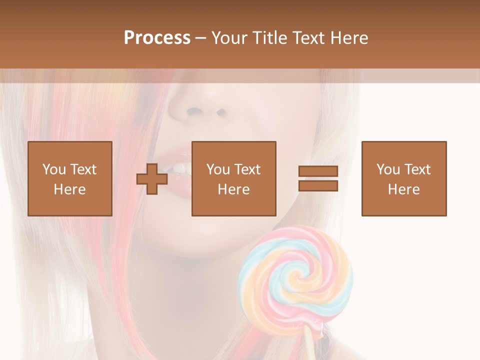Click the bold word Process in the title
pyautogui.click(x=157, y=38)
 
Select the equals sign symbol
pyautogui.click(x=318, y=178)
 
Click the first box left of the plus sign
pyautogui.click(x=70, y=178)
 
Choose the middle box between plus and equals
pyautogui.click(x=233, y=178)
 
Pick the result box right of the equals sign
pyautogui.click(x=404, y=178)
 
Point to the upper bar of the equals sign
pyautogui.click(x=318, y=171)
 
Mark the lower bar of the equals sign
pyautogui.click(x=318, y=185)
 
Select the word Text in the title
pyautogui.click(x=309, y=38)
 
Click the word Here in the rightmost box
pyautogui.click(x=404, y=189)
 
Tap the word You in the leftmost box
pyautogui.click(x=54, y=169)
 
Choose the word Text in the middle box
pyautogui.click(x=247, y=169)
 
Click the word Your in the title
pyautogui.click(x=230, y=38)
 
